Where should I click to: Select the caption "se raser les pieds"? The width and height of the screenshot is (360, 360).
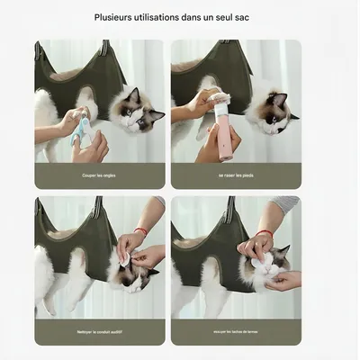pos(236,175)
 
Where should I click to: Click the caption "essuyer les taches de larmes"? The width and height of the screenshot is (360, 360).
pos(236,332)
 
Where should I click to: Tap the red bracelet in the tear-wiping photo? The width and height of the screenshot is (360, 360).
pos(265,234)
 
